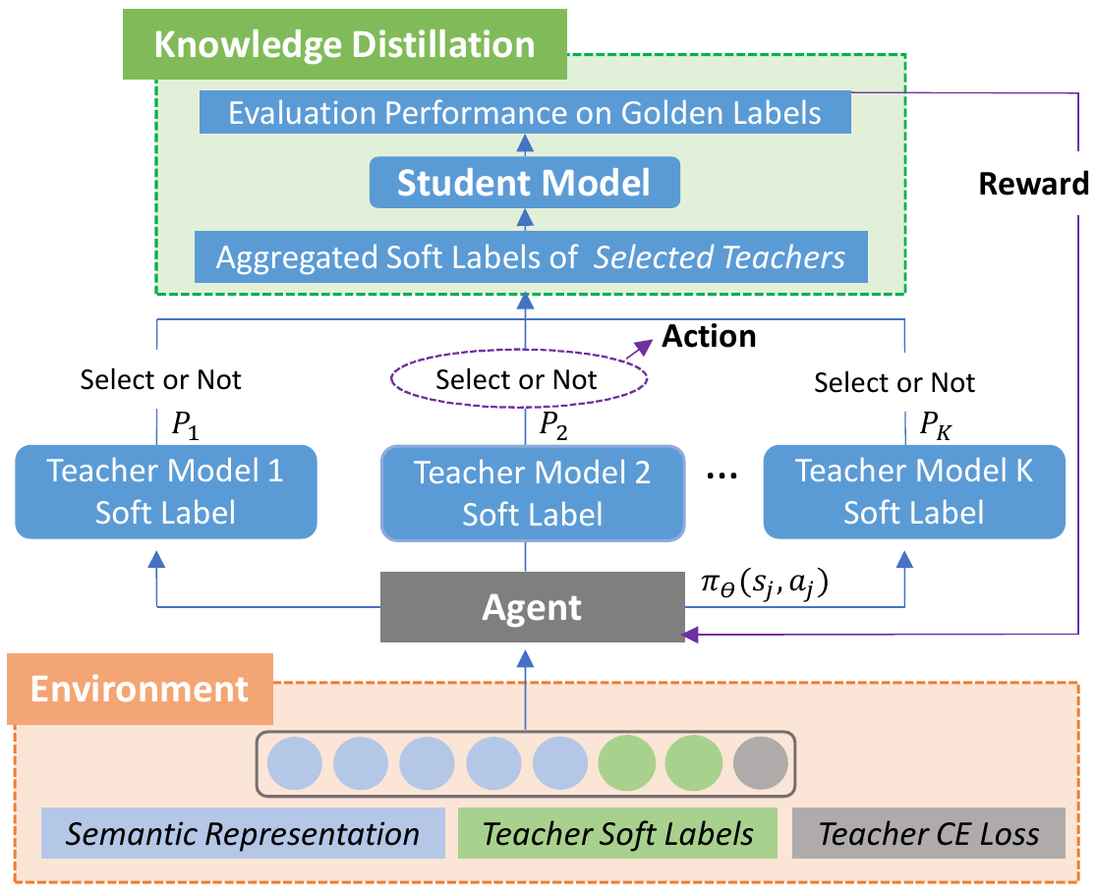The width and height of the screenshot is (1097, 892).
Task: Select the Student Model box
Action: tap(525, 183)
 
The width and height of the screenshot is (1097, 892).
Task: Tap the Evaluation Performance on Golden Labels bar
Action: tap(525, 112)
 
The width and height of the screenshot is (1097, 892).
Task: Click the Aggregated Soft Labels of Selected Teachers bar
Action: tap(531, 257)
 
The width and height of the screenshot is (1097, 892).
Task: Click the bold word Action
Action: tap(709, 337)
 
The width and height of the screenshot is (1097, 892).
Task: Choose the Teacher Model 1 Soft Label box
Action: tap(165, 491)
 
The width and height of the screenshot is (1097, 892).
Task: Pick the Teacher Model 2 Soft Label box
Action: tap(532, 492)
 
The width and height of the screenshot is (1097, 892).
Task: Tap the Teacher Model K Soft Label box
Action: tap(914, 491)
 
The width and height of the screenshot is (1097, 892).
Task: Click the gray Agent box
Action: tap(532, 608)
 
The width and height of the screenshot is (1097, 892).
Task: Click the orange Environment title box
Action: tap(140, 689)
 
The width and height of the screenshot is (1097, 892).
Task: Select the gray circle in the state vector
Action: tap(761, 761)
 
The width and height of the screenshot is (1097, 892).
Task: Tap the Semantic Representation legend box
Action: tap(243, 834)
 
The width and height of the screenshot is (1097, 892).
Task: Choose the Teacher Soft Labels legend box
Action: tap(618, 834)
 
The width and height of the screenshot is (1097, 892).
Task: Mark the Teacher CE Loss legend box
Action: tap(929, 834)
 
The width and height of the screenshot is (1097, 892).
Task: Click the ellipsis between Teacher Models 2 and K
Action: tap(723, 476)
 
